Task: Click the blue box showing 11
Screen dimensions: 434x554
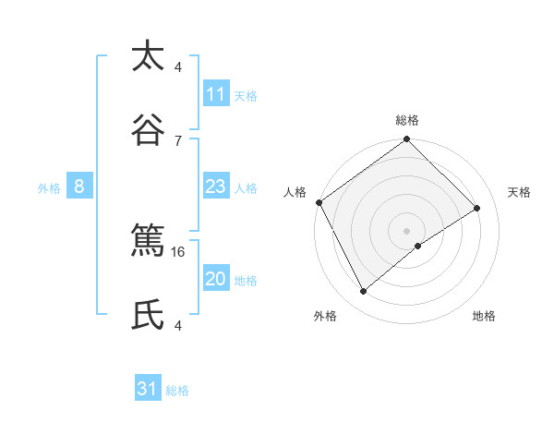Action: click(x=215, y=94)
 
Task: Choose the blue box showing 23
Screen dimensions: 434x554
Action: click(x=215, y=187)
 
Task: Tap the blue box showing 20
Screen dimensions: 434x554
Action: click(x=215, y=279)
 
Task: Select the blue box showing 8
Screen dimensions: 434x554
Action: click(x=79, y=187)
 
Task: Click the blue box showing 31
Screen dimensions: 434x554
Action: click(x=148, y=389)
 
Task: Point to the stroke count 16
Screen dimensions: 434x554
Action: click(x=178, y=251)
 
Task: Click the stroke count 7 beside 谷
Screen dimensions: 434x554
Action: click(x=178, y=140)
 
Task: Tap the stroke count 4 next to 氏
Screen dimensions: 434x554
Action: click(x=178, y=325)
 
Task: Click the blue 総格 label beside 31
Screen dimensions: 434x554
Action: click(x=177, y=391)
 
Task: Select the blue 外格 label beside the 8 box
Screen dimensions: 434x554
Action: click(x=49, y=187)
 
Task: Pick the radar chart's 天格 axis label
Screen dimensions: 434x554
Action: click(x=519, y=192)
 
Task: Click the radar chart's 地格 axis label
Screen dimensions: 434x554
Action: click(x=484, y=316)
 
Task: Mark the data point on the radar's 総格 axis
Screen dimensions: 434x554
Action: click(x=406, y=140)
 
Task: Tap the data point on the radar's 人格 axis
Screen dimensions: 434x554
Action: click(x=319, y=202)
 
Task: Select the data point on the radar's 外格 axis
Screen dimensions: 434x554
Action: click(x=363, y=292)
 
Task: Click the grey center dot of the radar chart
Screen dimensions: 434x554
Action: click(x=406, y=230)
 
